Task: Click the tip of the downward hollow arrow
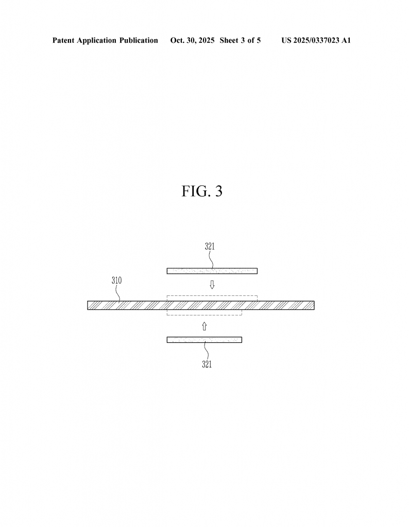tap(212, 289)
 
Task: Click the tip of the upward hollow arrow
tap(204, 322)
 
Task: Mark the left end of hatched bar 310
tap(88, 305)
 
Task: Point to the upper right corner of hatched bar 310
tap(315, 301)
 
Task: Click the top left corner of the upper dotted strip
tap(167, 268)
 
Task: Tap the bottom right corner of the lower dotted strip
tap(242, 342)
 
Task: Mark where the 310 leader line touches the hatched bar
tap(120, 301)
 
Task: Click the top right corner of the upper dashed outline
tap(258, 296)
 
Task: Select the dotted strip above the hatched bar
tap(212, 271)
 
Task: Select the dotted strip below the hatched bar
tap(204, 340)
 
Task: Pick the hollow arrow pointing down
tap(212, 285)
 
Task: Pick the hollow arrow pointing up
tap(204, 326)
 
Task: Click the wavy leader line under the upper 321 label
tap(211, 260)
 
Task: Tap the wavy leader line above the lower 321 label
tap(206, 351)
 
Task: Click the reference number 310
tap(117, 280)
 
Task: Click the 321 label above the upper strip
tap(210, 247)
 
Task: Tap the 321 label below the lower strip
tap(207, 364)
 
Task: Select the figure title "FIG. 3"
tap(202, 191)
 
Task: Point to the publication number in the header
tap(316, 40)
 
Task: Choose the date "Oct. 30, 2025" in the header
tap(192, 40)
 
